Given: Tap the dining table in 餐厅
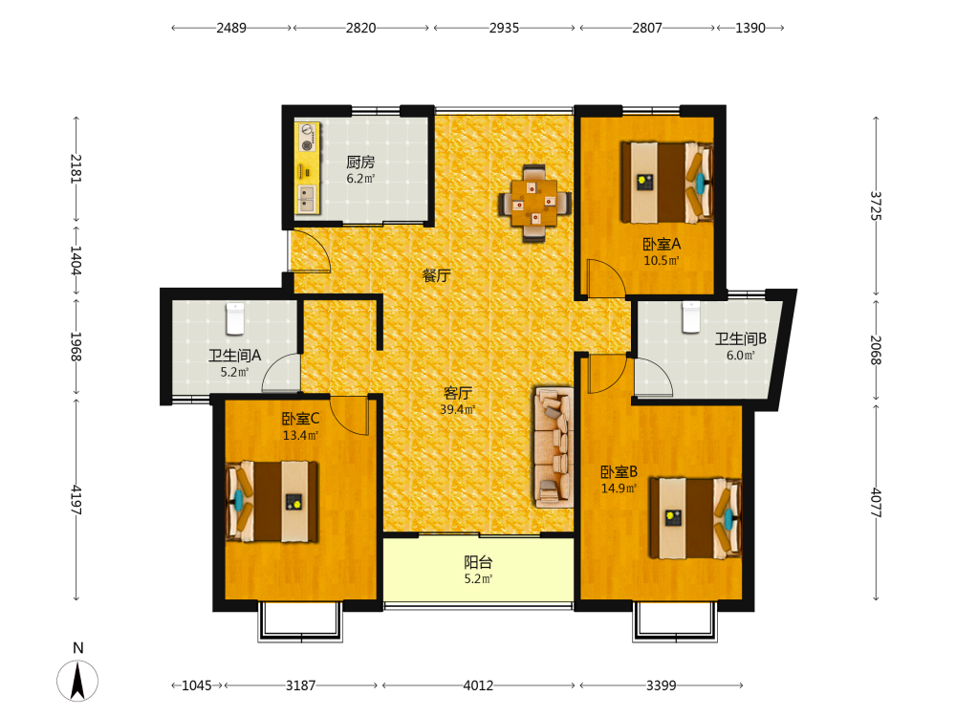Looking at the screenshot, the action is click(534, 203).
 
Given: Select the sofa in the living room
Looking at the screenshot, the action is click(554, 446).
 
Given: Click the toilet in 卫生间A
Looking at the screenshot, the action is click(235, 318).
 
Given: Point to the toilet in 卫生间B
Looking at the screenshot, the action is click(691, 317).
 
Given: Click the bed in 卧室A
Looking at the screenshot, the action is click(667, 183).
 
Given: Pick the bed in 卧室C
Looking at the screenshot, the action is click(272, 501).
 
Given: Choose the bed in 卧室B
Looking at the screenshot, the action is click(696, 518).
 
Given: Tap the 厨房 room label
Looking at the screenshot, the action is click(360, 163).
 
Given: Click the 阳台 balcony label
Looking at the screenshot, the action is click(478, 562).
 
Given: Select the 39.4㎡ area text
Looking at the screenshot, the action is click(458, 410).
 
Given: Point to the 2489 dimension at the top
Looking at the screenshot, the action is click(231, 28).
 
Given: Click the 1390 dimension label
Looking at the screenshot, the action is click(750, 28).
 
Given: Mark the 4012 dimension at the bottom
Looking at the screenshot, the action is click(478, 685).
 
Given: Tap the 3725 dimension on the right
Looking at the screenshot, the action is click(876, 206).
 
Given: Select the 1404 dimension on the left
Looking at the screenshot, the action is click(76, 260).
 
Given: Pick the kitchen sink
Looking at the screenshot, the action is click(306, 198).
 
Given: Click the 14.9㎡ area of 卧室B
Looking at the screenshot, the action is click(619, 489).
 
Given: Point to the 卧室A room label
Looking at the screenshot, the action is click(662, 245).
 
